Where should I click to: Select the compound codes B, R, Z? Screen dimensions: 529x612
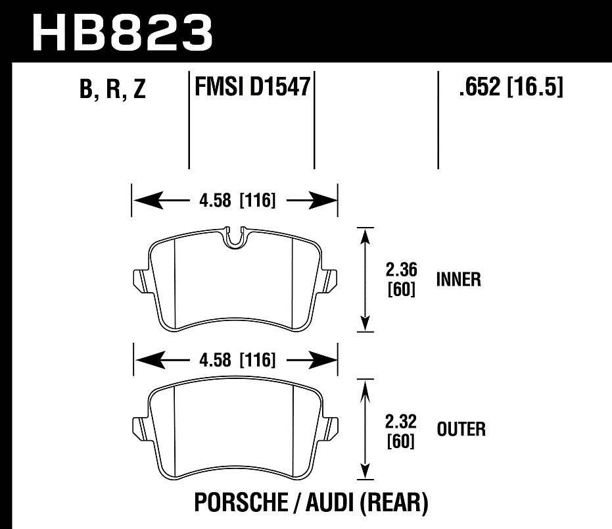[112, 89]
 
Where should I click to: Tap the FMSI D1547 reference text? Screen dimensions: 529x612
[252, 87]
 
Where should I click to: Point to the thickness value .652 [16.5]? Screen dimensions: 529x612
[511, 87]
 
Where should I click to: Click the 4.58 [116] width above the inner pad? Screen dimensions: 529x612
[234, 200]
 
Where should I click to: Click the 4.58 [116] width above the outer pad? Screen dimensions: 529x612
[234, 360]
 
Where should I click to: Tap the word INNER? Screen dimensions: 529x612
[459, 280]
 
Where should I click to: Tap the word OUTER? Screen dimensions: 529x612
[461, 430]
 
